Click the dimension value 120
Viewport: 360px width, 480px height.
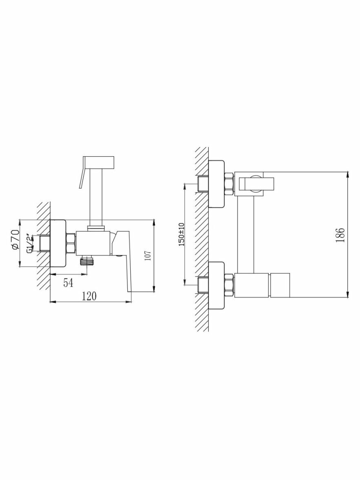pos(89,296)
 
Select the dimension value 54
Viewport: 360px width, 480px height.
pos(68,283)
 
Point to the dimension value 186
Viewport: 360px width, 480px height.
pos(340,235)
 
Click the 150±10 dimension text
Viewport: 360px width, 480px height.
pos(181,234)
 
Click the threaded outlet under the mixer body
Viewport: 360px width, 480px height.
pos(86,260)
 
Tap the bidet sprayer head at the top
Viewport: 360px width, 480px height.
pos(99,162)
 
